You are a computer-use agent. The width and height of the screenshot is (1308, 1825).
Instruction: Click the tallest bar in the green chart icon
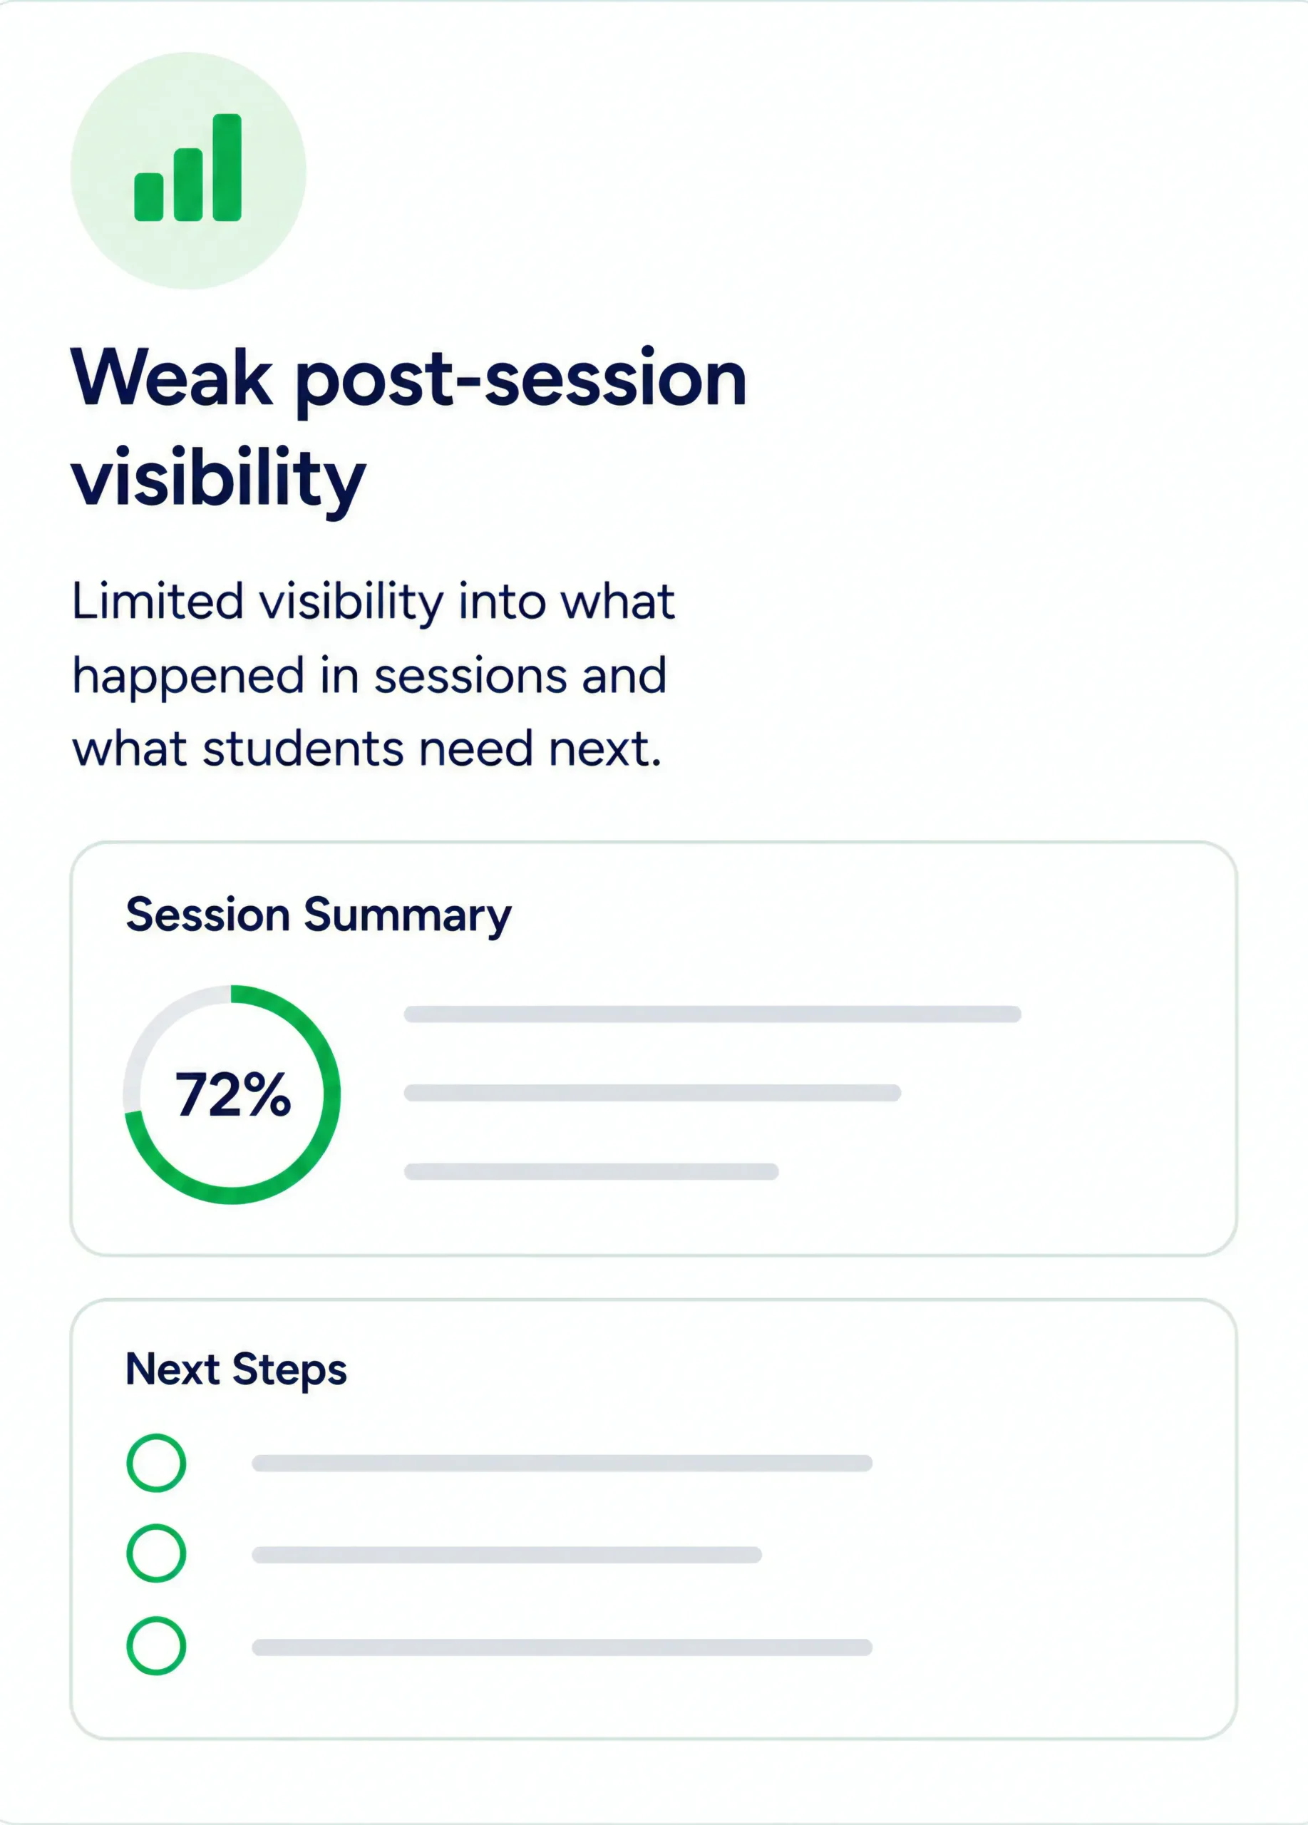click(x=227, y=168)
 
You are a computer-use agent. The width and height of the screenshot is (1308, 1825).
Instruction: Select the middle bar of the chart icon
click(x=188, y=184)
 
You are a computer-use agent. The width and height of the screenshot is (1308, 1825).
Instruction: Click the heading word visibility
click(x=219, y=479)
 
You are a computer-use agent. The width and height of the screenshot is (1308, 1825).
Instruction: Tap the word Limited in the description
click(x=158, y=601)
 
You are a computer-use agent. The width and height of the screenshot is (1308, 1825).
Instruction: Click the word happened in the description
click(x=188, y=677)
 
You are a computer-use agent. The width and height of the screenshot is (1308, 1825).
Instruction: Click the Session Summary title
click(x=319, y=916)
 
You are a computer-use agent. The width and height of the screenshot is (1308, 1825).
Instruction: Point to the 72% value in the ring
click(x=232, y=1095)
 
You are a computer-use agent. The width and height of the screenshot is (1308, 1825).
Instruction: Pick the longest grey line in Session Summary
click(x=713, y=1014)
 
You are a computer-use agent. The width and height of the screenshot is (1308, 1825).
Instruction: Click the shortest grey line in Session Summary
click(x=591, y=1171)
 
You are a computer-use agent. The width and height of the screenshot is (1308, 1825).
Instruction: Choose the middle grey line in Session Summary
click(x=652, y=1093)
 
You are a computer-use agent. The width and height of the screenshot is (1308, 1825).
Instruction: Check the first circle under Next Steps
click(x=156, y=1438)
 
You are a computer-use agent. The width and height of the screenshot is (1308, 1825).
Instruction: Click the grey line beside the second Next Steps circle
click(x=507, y=1555)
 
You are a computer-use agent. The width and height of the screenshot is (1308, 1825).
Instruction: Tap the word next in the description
click(x=605, y=750)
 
